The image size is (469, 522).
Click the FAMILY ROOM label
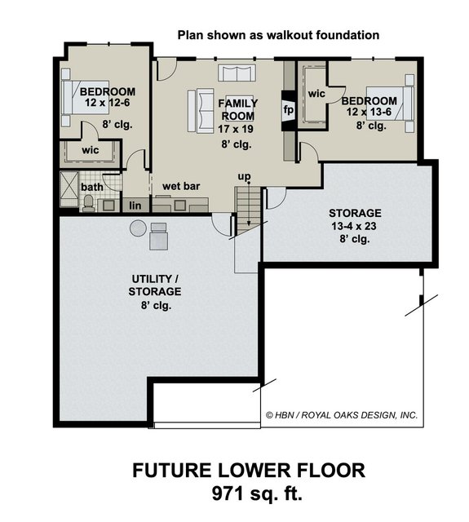239,109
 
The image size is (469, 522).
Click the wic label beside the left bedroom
91,151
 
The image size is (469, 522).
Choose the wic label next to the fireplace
316,94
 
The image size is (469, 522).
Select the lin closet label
135,205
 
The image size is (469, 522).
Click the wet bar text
181,186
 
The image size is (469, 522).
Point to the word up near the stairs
244,177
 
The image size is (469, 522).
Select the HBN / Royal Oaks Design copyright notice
342,415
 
